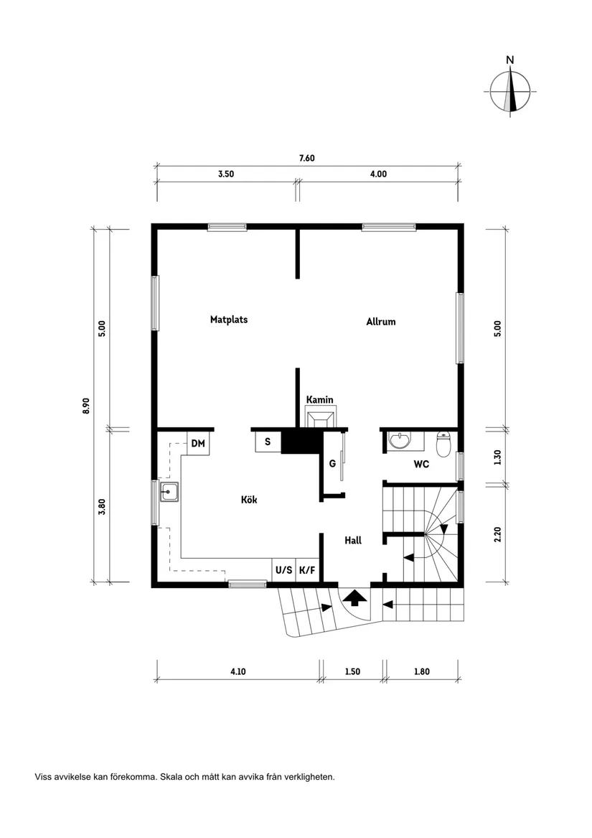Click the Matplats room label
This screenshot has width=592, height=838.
click(229, 320)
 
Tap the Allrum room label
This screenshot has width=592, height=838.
click(381, 322)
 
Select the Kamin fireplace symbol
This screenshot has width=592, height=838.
click(319, 418)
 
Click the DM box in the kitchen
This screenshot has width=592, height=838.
click(198, 444)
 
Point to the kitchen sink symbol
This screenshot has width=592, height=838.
click(170, 493)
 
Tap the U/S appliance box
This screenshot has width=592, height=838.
click(283, 570)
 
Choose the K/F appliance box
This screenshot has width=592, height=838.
click(307, 570)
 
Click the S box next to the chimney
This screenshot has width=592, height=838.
click(268, 442)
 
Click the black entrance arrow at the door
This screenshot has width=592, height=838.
click(353, 597)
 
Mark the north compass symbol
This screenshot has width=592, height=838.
click(510, 92)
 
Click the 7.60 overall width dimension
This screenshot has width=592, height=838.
click(307, 158)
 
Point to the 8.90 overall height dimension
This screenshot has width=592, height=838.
click(86, 406)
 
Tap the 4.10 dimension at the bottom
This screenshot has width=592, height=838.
click(238, 672)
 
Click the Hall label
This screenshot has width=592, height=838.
click(352, 541)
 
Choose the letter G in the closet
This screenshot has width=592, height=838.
click(332, 464)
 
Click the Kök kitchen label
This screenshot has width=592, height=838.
click(249, 500)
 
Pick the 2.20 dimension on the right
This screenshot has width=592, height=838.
click(499, 535)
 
